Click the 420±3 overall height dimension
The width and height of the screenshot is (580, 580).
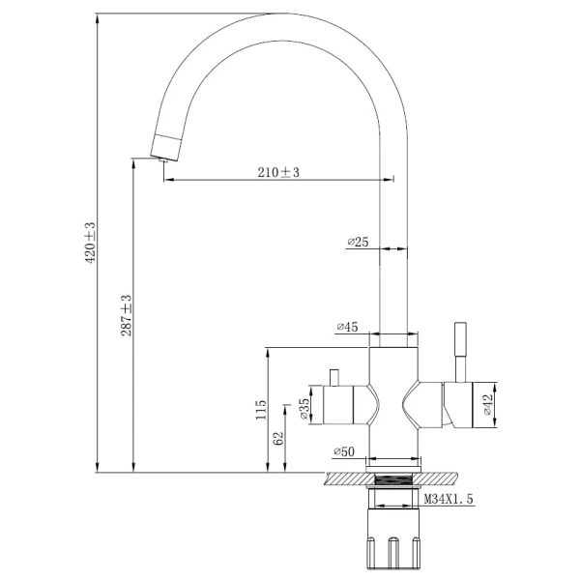[89, 243]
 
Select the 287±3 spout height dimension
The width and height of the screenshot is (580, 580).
[126, 315]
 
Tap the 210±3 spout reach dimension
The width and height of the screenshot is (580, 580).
[279, 171]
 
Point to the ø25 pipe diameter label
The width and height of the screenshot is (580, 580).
[358, 242]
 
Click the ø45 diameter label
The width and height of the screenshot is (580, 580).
[348, 328]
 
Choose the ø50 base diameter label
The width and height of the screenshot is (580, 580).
[344, 451]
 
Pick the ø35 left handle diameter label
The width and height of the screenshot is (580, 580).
[304, 409]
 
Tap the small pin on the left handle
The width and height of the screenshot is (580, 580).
[335, 374]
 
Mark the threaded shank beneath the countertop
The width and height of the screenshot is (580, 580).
[393, 500]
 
